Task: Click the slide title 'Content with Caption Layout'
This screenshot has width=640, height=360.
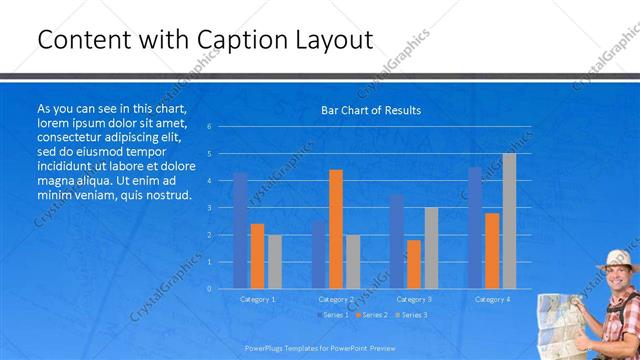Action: (x=205, y=39)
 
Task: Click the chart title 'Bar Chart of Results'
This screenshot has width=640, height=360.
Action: (x=371, y=110)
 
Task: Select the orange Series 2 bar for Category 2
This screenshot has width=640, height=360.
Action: (x=336, y=229)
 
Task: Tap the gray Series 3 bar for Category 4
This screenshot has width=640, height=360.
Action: (x=509, y=221)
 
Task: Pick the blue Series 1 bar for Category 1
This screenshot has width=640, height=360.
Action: (x=240, y=230)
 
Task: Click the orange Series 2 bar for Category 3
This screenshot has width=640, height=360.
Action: (x=414, y=264)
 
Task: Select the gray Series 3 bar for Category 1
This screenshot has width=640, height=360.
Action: (x=274, y=261)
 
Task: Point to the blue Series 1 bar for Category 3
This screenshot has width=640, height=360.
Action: (x=397, y=241)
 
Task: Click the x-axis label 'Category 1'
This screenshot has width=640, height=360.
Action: (x=257, y=299)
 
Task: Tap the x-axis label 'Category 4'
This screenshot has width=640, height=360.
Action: (x=492, y=299)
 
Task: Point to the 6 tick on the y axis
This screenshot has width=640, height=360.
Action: (x=209, y=127)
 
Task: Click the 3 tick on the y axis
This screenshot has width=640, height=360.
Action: (x=209, y=208)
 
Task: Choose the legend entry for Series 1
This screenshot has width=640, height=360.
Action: (x=334, y=315)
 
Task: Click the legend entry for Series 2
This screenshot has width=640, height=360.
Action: (x=372, y=315)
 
